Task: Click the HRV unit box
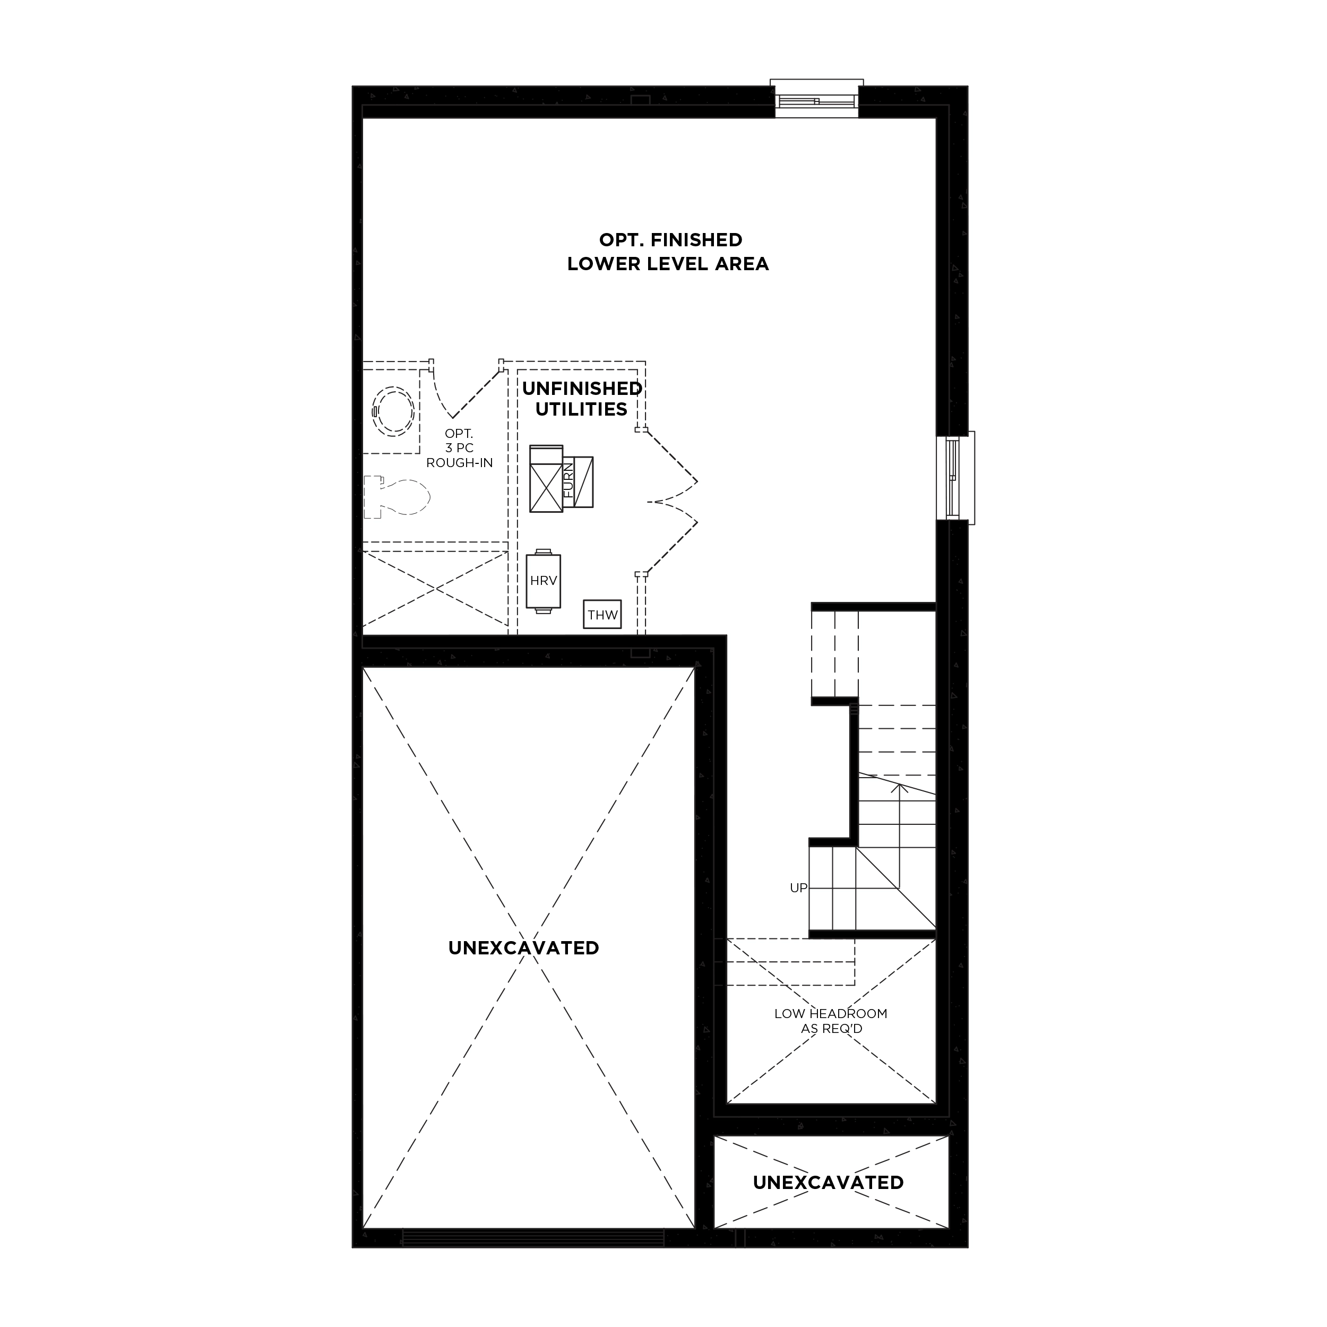coord(544,581)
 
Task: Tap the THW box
coord(602,615)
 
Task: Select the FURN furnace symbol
coord(561,479)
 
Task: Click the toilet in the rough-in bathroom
coord(397,496)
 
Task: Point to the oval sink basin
coord(393,411)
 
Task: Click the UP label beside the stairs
coord(798,888)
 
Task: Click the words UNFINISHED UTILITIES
coord(582,399)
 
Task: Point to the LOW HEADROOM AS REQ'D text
coord(831,1021)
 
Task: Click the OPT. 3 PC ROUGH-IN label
coord(460,448)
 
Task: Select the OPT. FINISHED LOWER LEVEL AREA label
coord(668,252)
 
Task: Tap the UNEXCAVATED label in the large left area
coord(523,948)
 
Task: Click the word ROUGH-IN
coord(460,463)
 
